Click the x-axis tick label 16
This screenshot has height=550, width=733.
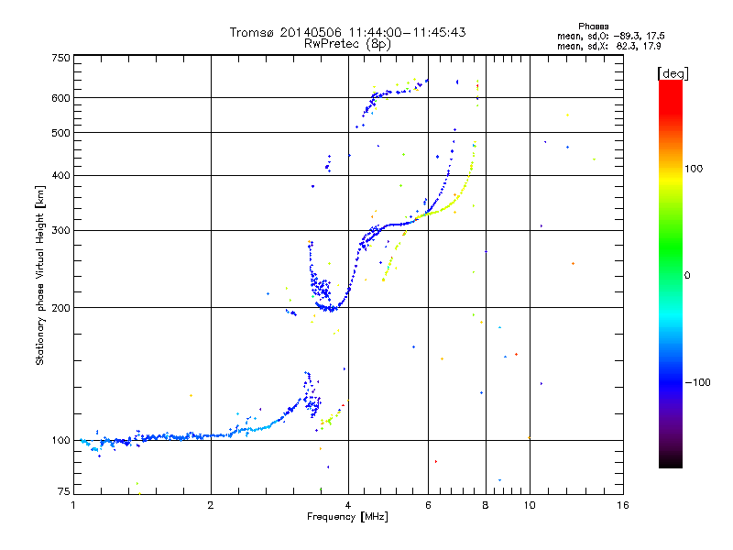click(x=622, y=504)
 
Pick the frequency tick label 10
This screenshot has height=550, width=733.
click(x=530, y=504)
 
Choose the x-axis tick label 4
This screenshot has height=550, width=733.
click(x=348, y=504)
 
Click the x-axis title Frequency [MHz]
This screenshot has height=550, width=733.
click(x=347, y=517)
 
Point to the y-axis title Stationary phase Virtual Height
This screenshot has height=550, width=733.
click(x=40, y=275)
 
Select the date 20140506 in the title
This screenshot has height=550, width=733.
click(x=316, y=32)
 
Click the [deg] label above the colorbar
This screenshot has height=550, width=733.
click(x=673, y=72)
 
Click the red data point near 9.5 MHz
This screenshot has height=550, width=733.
click(x=517, y=354)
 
